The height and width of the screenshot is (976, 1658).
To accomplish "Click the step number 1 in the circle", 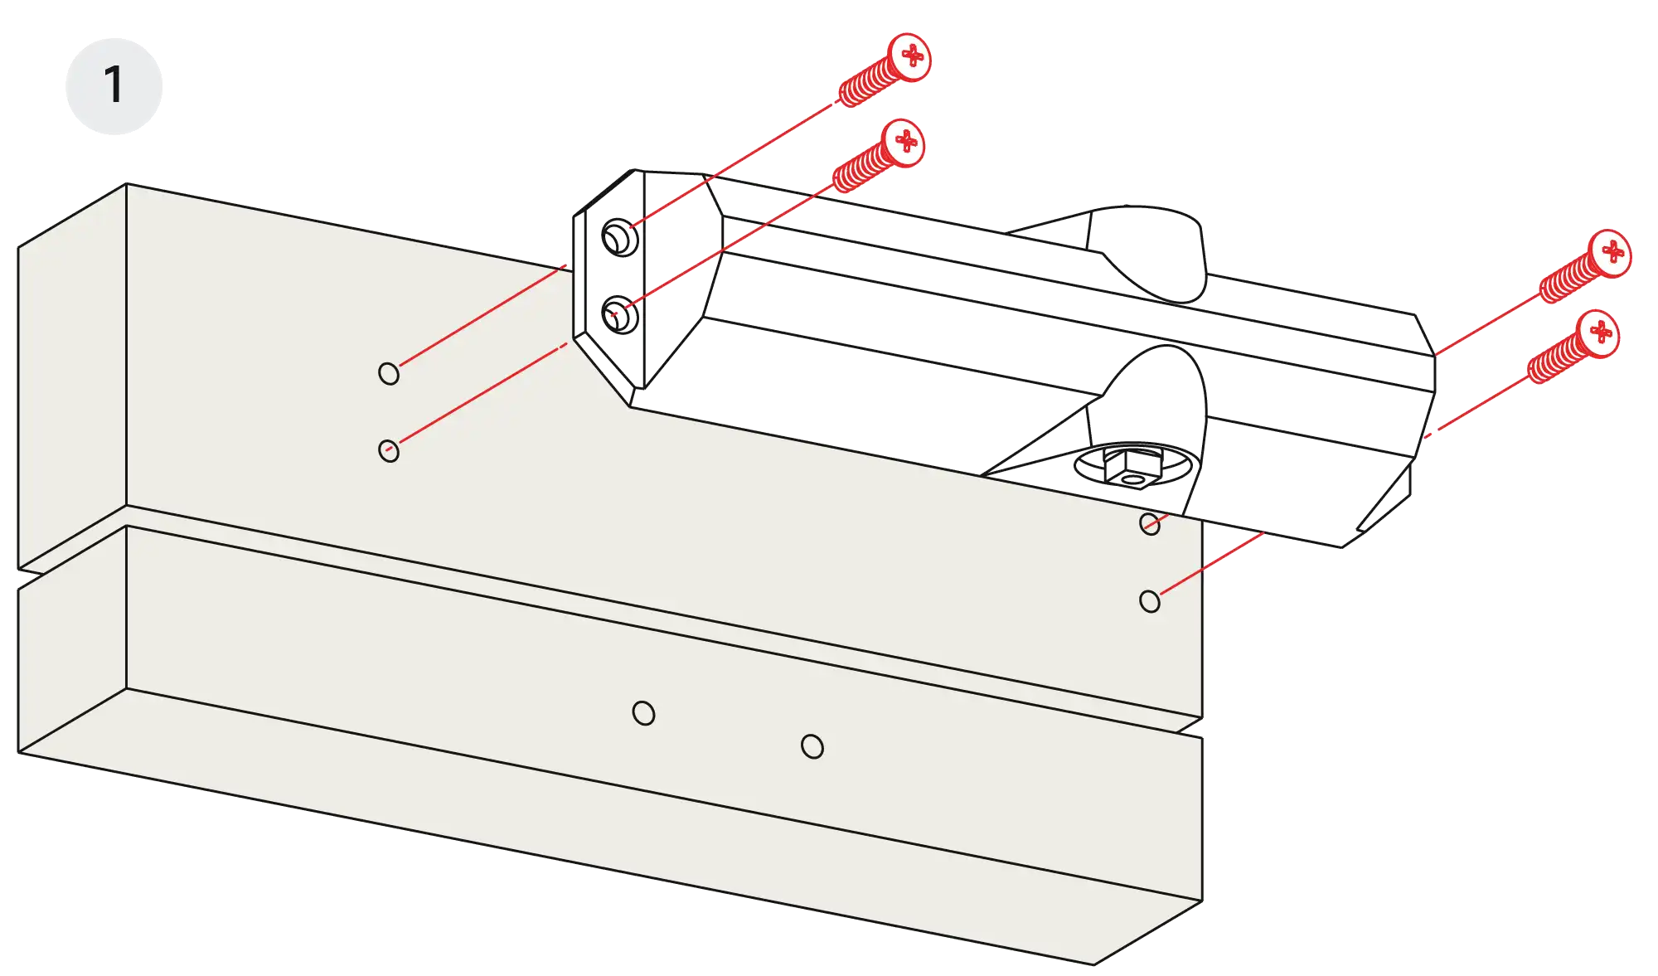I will click(x=114, y=85).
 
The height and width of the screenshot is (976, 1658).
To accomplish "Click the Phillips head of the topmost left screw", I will click(x=910, y=56).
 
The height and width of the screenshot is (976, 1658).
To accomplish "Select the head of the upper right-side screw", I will click(x=1610, y=251).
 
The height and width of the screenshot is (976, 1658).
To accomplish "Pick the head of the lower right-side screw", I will click(x=1600, y=333).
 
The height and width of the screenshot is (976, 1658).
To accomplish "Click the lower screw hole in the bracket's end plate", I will click(x=619, y=315).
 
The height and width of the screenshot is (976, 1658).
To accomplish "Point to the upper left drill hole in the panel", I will click(x=389, y=373).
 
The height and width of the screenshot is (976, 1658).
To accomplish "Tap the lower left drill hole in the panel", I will click(x=389, y=450).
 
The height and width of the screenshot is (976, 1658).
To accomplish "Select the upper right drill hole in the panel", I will click(x=1150, y=523).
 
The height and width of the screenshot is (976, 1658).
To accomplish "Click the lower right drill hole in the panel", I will click(x=1150, y=601).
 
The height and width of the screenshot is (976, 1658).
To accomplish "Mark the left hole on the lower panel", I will click(x=643, y=713).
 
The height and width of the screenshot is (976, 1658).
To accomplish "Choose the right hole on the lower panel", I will click(x=812, y=747).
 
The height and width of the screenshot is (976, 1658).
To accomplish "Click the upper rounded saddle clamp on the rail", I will click(x=1148, y=249).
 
